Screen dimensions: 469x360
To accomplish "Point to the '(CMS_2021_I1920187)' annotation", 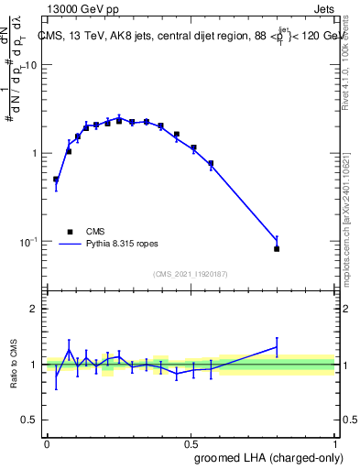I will pyautogui.click(x=191, y=273).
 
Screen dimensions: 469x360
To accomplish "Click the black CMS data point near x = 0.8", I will pyautogui.click(x=277, y=248).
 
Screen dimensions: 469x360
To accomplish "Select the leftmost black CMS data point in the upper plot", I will pyautogui.click(x=56, y=180).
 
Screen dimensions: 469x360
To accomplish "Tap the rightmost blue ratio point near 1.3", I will pyautogui.click(x=277, y=347).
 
